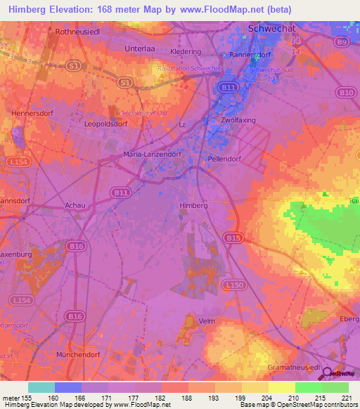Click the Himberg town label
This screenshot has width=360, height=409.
pos(194,204)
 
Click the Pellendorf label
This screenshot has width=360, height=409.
pos(225,159)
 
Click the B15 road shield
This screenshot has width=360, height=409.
pos(233,239)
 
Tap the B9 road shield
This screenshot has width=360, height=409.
pos(341,43)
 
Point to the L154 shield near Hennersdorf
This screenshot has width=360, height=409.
pos(20,162)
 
